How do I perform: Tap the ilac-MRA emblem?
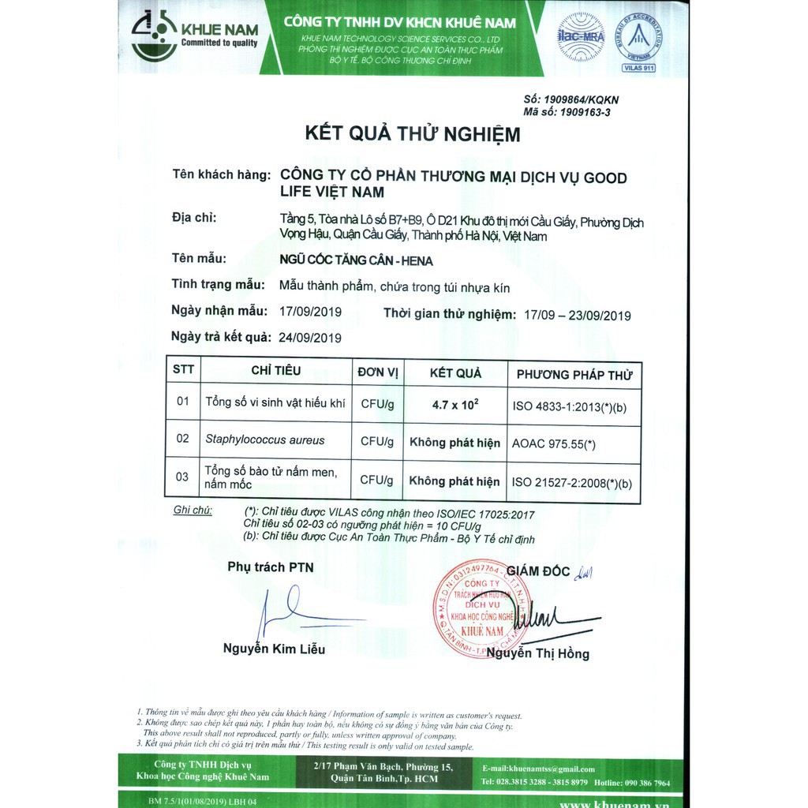[x=581, y=36]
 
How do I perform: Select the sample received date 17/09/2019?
[x=310, y=312]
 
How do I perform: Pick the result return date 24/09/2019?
[x=310, y=338]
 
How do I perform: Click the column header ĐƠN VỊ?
[x=378, y=372]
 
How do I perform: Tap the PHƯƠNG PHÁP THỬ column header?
[x=574, y=375]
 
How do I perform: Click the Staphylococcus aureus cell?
[x=264, y=440]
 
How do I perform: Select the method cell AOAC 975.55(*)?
[x=553, y=444]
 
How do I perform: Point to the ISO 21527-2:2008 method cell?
[x=572, y=481]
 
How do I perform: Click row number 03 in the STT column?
[x=182, y=477]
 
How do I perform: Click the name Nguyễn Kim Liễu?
[x=274, y=649]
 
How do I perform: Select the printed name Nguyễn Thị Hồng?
[x=537, y=653]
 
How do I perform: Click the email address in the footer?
[x=539, y=769]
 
